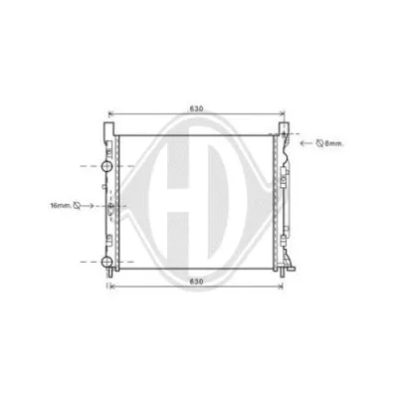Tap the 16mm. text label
(62, 207)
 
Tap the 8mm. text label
(334, 143)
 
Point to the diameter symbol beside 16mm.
(80, 207)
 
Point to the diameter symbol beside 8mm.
(319, 143)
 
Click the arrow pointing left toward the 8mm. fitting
(303, 143)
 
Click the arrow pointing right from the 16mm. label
(95, 207)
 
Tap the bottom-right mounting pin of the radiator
(290, 271)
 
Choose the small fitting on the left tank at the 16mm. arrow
(111, 207)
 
